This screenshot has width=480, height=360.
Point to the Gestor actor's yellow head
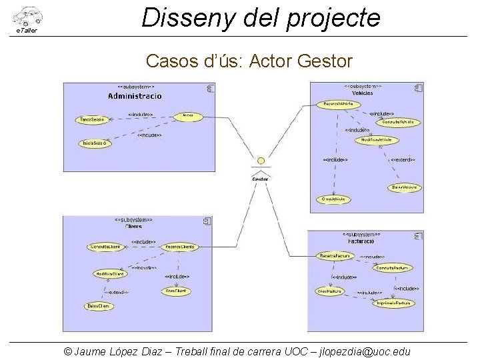tap(261, 161)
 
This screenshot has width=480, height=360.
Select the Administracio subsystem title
tap(135, 96)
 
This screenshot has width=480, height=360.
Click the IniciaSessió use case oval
tap(95, 143)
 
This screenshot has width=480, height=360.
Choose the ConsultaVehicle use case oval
tap(399, 122)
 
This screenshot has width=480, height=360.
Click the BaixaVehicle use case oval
tap(404, 187)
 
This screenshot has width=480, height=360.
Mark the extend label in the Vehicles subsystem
tap(403, 160)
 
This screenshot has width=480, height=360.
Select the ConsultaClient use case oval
tap(106, 247)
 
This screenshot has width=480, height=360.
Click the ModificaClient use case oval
tap(109, 274)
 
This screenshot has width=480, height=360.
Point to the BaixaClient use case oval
tap(98, 306)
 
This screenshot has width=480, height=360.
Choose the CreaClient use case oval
tap(176, 291)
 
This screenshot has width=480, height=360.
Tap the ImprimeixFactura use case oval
tap(393, 303)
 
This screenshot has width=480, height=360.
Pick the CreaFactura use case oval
tap(329, 291)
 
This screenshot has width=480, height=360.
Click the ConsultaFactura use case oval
tap(391, 268)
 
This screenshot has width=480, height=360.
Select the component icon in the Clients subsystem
tap(207, 221)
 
